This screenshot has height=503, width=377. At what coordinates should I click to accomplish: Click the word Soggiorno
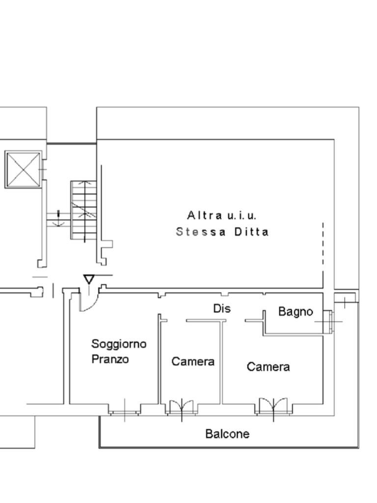point(119,344)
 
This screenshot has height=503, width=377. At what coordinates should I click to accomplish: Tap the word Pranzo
point(110,359)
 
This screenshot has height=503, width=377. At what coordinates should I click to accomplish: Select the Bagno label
point(296,311)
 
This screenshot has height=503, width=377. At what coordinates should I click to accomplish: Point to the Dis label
point(222,308)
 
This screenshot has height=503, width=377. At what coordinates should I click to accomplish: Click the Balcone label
point(227,434)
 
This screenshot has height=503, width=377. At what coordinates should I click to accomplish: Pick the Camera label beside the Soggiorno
point(193,362)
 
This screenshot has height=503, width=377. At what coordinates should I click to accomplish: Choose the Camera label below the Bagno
point(268,367)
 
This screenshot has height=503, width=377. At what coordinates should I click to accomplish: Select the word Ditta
point(251,232)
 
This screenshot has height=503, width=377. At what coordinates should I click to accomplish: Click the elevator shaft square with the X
point(23,169)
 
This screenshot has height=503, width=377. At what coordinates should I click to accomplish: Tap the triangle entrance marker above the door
point(89,279)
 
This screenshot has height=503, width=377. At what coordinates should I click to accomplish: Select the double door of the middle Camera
point(182,407)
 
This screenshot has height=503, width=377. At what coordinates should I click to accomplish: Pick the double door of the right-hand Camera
point(273,406)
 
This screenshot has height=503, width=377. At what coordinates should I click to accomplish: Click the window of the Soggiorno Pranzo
point(125,411)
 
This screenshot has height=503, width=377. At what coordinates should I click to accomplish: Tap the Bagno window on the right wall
point(329,322)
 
